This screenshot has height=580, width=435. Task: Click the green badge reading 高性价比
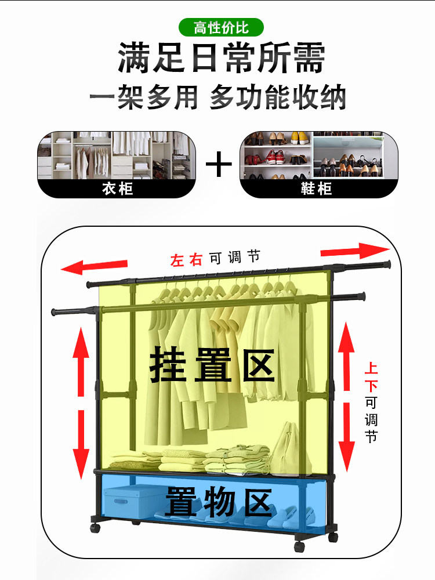click(221, 27)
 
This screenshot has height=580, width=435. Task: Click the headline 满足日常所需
click(221, 59)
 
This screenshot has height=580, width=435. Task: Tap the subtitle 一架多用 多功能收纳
click(217, 97)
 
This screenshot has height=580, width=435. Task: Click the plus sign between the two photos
click(219, 165)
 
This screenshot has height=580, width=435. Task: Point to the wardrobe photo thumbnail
click(117, 155)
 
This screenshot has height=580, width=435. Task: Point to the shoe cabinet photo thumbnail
click(318, 155)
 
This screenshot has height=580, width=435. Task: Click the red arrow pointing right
click(355, 251)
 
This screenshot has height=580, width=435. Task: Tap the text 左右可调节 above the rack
click(215, 258)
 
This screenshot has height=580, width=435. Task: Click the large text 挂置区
click(212, 365)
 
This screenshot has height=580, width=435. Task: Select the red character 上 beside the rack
click(371, 368)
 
